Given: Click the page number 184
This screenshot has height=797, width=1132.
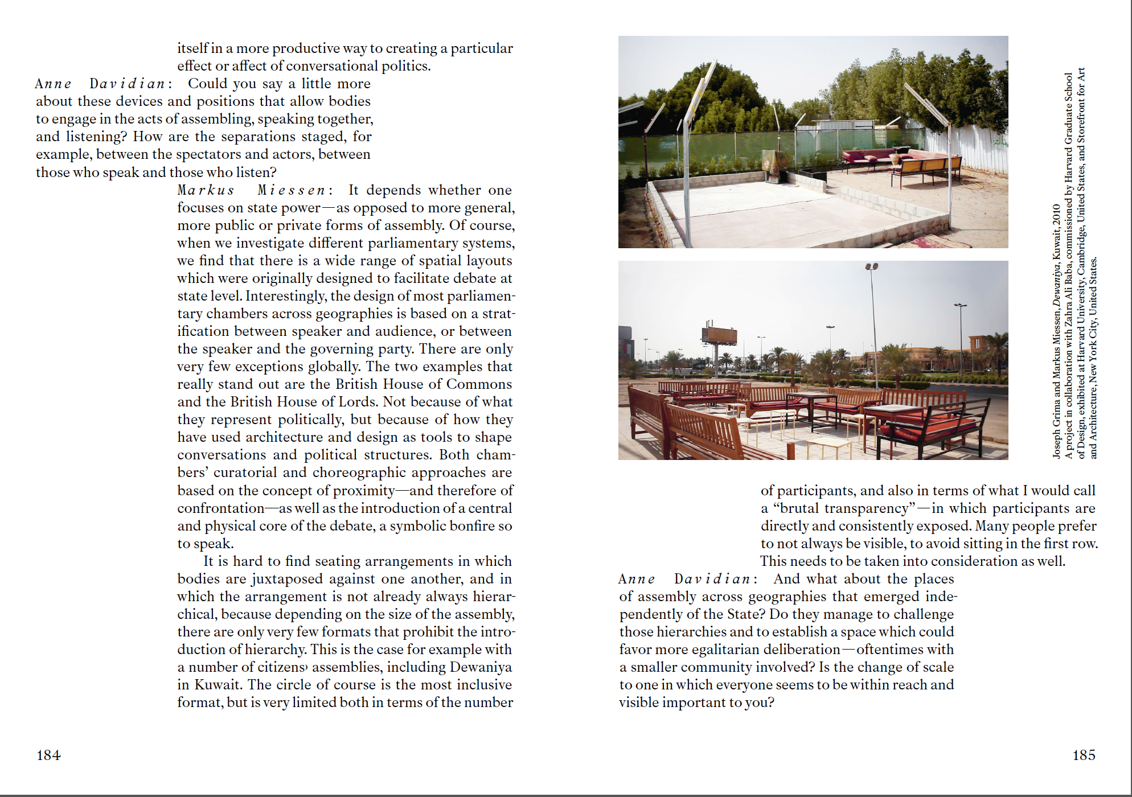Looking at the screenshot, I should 48,755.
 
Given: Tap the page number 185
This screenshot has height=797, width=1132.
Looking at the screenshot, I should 1084,755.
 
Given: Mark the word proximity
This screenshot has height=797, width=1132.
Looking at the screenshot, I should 364,491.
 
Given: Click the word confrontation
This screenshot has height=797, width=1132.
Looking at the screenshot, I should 221,508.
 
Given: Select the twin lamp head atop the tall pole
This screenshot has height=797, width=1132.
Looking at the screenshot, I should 871,266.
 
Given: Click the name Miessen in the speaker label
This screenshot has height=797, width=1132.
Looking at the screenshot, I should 290,190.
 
